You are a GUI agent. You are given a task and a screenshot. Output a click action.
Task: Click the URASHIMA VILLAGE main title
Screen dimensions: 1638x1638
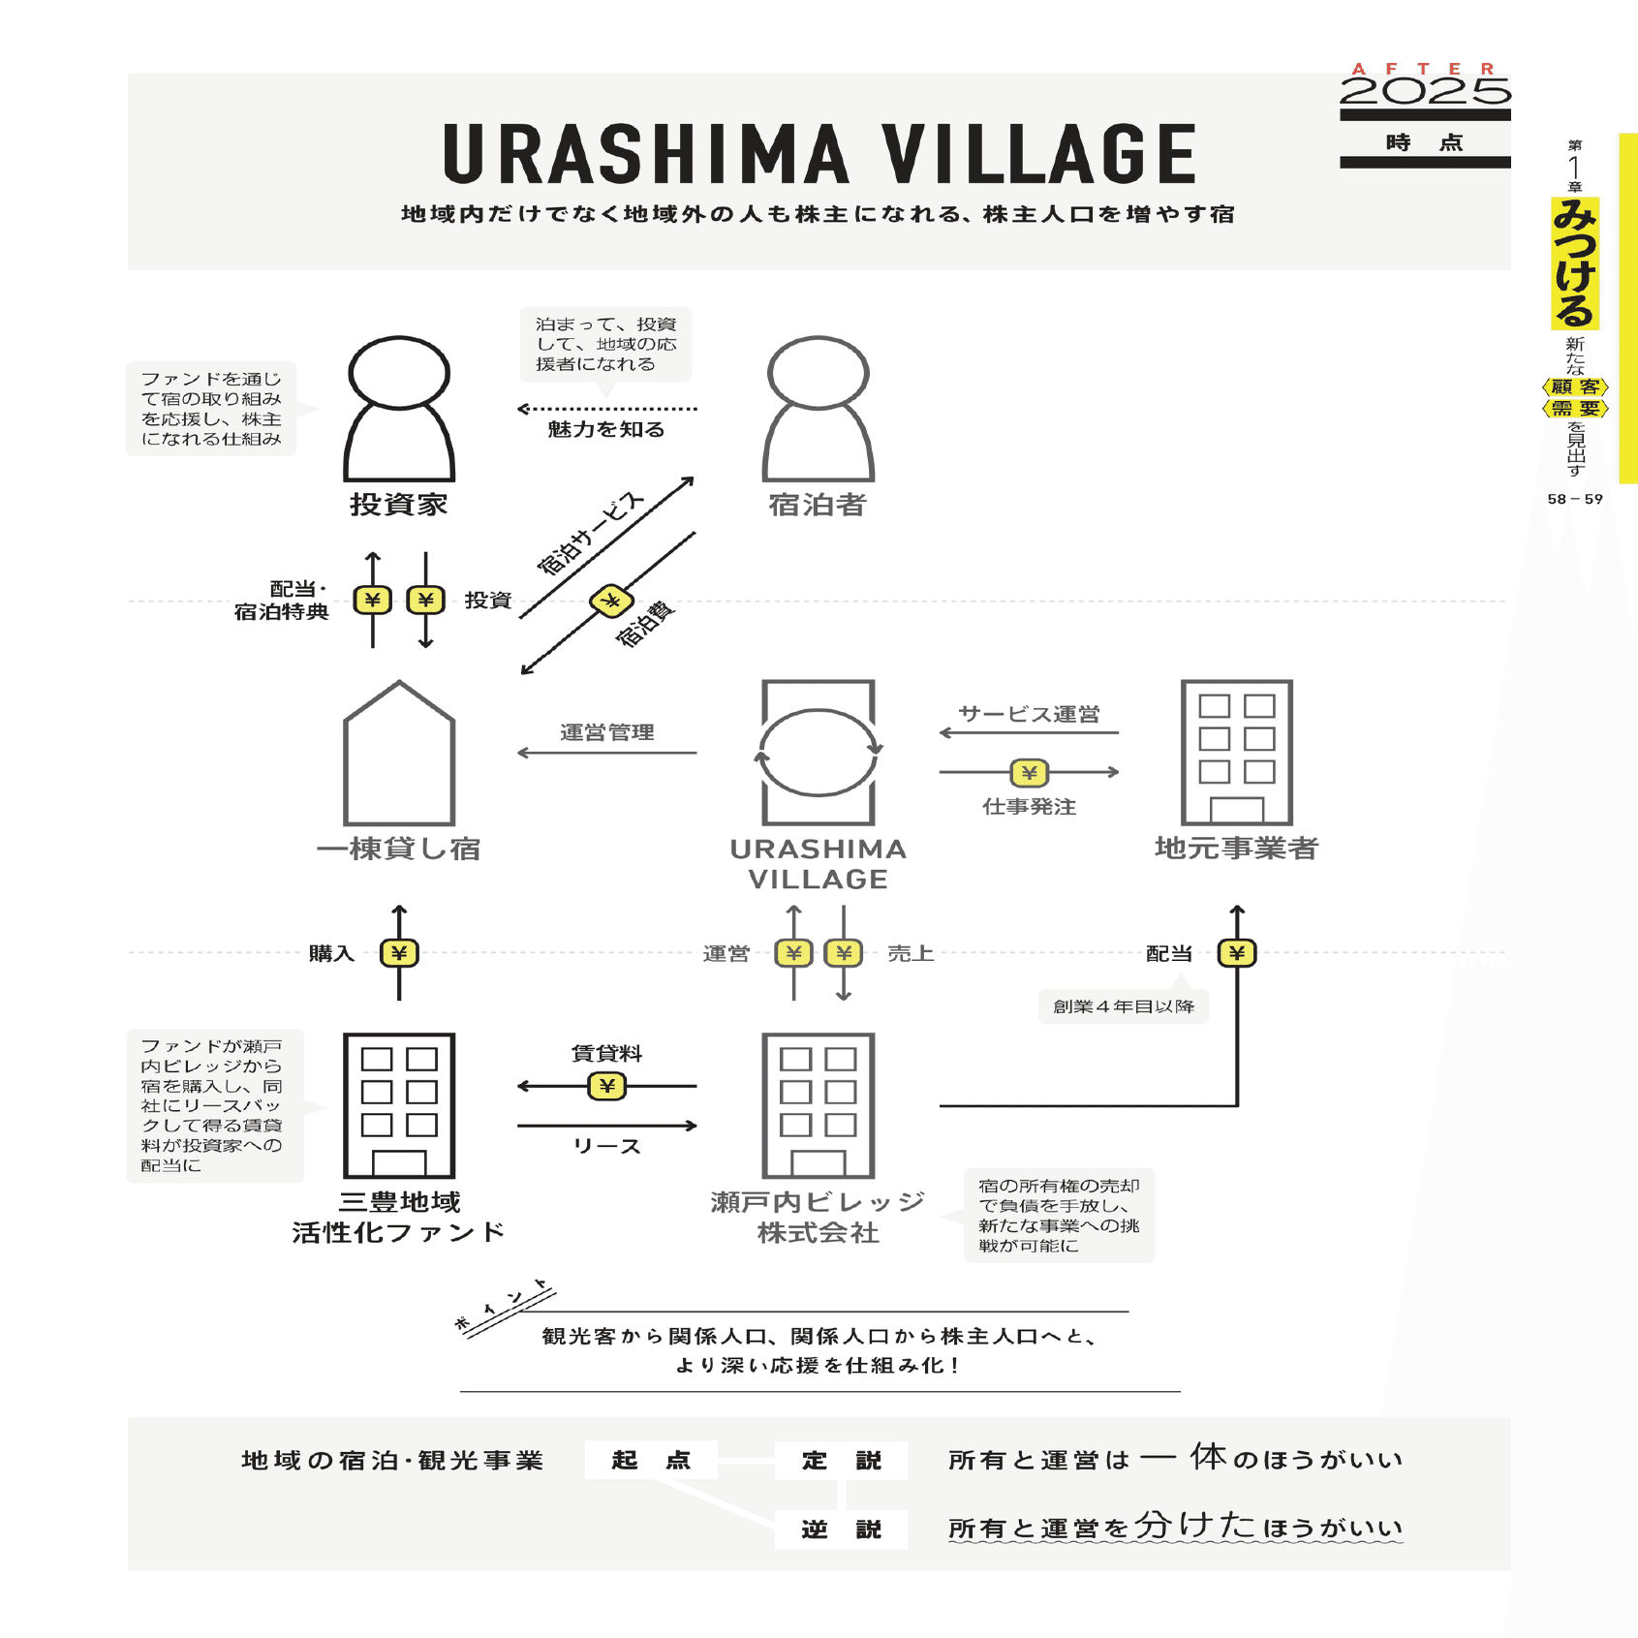819,153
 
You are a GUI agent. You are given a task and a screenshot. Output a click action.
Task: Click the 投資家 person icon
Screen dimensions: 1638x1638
399,409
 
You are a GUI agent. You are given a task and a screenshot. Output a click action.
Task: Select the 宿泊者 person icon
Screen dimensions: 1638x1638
819,409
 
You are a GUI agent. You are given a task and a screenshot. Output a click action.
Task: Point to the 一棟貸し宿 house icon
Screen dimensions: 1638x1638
399,753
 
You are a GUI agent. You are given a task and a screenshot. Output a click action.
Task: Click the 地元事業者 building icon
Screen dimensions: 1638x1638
1237,753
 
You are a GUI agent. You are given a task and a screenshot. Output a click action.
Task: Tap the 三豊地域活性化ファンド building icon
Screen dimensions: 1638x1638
399,1106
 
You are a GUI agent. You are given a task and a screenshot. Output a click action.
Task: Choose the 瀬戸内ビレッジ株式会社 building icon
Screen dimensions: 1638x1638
819,1106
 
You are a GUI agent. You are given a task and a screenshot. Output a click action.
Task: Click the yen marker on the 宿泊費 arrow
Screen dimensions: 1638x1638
611,602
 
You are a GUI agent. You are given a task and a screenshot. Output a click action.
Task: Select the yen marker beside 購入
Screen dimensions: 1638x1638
399,953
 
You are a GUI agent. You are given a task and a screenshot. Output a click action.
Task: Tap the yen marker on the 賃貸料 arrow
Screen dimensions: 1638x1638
607,1086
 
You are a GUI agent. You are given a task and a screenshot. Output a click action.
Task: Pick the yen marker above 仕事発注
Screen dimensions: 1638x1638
1030,772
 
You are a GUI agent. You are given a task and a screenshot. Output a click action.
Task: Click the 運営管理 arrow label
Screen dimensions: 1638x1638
607,732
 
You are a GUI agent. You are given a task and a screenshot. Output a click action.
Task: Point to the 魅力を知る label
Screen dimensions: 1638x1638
606,429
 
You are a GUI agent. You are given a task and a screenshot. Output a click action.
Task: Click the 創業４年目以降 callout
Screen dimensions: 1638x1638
1124,1006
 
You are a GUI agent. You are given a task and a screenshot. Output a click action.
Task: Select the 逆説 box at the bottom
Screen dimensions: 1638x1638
841,1530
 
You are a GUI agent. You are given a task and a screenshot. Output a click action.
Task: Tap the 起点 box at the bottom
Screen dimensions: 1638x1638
651,1460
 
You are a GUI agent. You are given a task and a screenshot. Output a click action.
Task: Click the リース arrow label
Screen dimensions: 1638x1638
607,1146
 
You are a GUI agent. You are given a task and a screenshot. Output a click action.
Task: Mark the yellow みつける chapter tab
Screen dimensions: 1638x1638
1575,263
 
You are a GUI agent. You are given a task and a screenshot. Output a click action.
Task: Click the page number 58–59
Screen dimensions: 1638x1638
1575,499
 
